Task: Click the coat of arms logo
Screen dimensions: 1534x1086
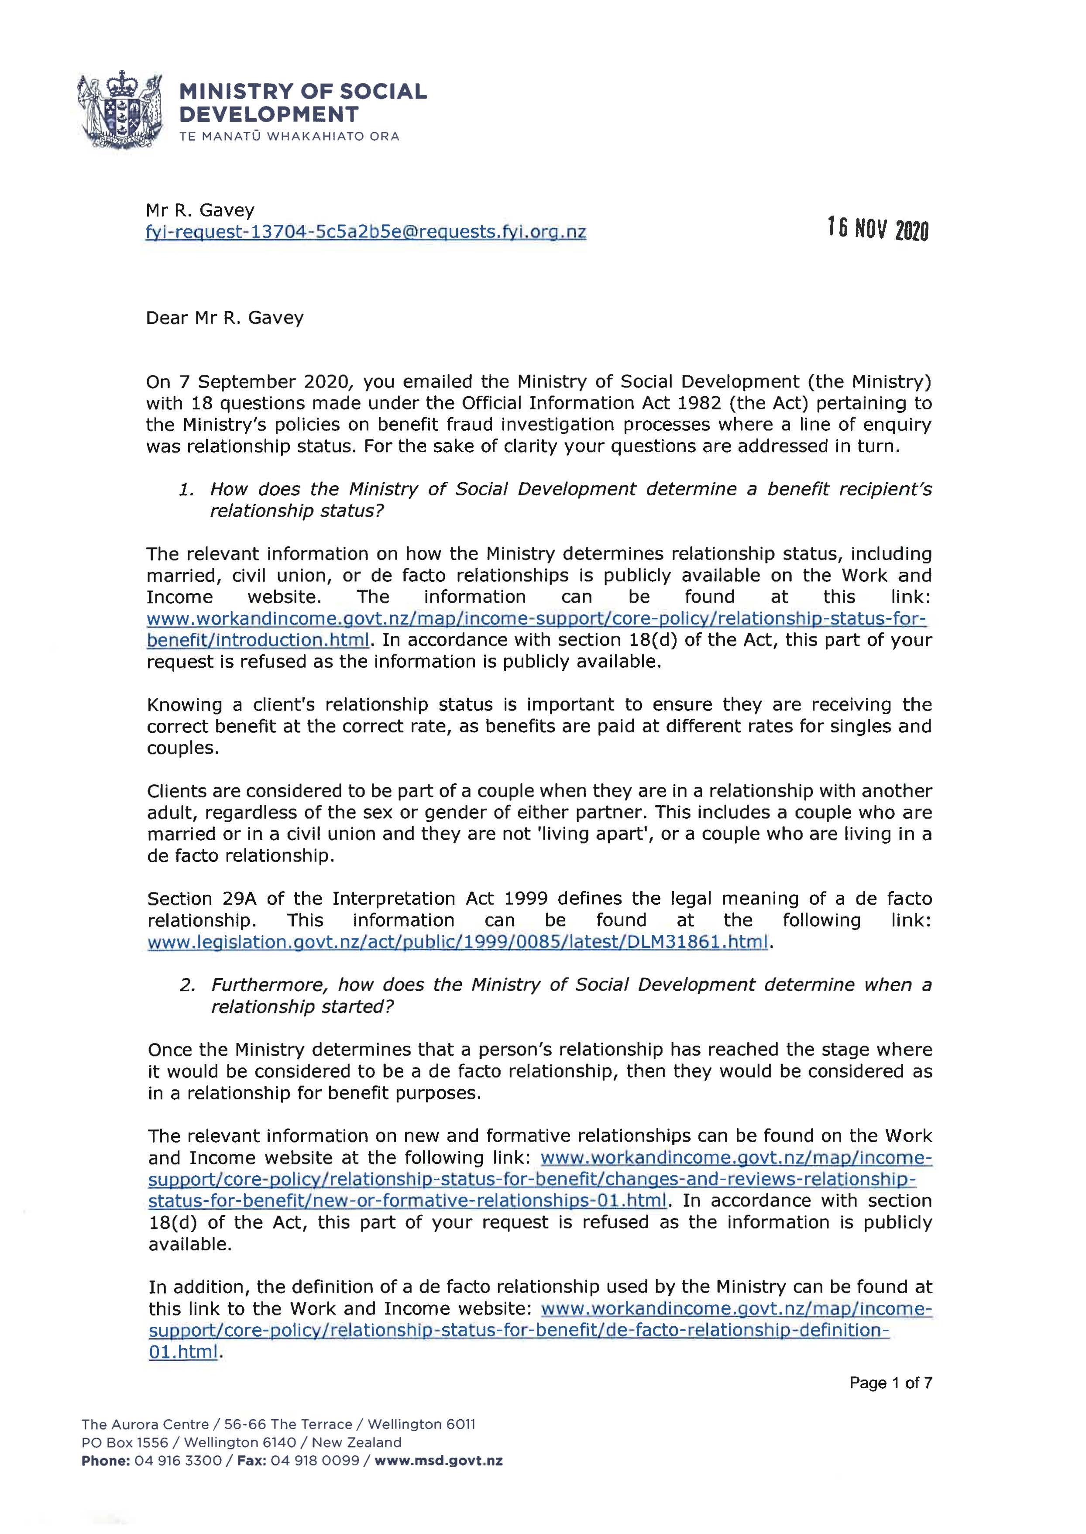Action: point(121,110)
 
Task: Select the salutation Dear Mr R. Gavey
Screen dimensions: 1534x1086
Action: point(225,318)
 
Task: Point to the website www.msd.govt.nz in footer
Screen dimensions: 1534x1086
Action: point(438,1461)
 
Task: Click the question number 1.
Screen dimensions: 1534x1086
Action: point(186,489)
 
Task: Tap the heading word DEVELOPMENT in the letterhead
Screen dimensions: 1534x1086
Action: point(269,114)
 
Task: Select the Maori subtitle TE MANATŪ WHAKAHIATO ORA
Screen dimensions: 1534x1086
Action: point(289,136)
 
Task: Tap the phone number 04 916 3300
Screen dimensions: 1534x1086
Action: point(178,1461)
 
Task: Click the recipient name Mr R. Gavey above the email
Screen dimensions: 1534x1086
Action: point(200,210)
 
